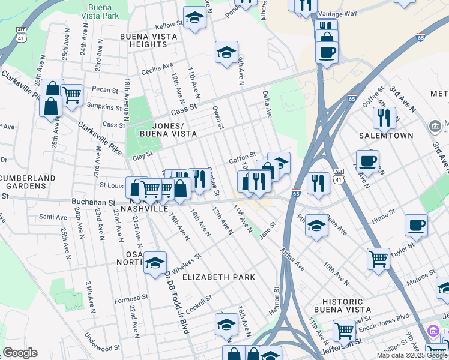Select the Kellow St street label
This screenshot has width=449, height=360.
[x=169, y=25]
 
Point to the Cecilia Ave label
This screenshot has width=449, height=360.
[x=157, y=70]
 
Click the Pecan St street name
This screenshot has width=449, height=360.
[x=106, y=90]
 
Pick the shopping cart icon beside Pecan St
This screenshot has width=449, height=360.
[x=71, y=94]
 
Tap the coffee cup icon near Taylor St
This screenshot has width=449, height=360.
[x=416, y=226]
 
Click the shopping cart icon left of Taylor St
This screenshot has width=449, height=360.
[x=378, y=259]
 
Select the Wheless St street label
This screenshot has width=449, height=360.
[x=186, y=261]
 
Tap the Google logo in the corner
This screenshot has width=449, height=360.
[x=20, y=353]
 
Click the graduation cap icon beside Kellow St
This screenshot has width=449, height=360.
[x=194, y=19]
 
